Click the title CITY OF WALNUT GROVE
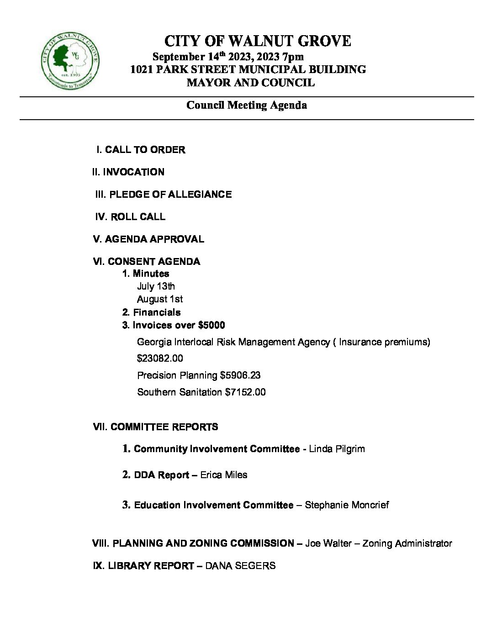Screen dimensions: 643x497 pyautogui.click(x=257, y=42)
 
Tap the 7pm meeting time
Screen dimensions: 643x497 pyautogui.click(x=293, y=57)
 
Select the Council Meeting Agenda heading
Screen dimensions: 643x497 pyautogui.click(x=246, y=105)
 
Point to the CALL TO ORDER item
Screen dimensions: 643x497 pyautogui.click(x=145, y=150)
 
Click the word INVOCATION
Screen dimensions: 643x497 pyautogui.click(x=133, y=172)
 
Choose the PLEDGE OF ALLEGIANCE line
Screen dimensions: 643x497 pyautogui.click(x=170, y=195)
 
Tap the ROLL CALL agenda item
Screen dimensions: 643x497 pyautogui.click(x=138, y=217)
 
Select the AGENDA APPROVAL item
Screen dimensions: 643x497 pyautogui.click(x=154, y=239)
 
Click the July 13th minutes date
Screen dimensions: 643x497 pyautogui.click(x=156, y=286)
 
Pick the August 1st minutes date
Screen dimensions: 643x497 pyautogui.click(x=160, y=299)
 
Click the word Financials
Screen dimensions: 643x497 pyautogui.click(x=157, y=312)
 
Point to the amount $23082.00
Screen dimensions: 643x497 pyautogui.click(x=160, y=358)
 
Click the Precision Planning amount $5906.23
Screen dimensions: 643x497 pyautogui.click(x=240, y=375)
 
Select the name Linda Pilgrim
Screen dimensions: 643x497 pyautogui.click(x=337, y=449)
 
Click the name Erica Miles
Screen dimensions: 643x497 pyautogui.click(x=224, y=475)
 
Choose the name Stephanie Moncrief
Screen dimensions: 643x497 pyautogui.click(x=347, y=505)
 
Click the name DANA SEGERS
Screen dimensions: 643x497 pyautogui.click(x=240, y=566)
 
